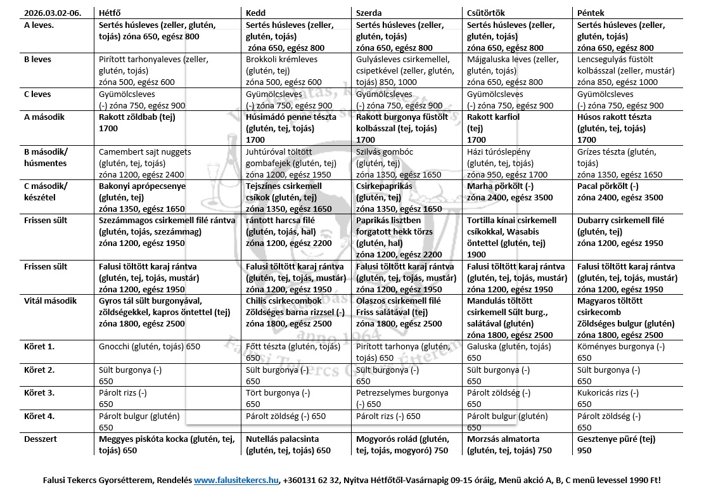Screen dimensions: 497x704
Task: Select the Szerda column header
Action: (370, 13)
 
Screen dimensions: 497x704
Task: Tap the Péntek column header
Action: (591, 13)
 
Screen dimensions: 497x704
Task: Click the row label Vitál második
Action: (50, 300)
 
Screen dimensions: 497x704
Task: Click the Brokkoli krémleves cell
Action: (283, 71)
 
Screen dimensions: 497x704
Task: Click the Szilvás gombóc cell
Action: (399, 163)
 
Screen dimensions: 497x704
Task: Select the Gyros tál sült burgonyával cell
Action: (165, 312)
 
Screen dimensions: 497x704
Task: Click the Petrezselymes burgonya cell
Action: (402, 398)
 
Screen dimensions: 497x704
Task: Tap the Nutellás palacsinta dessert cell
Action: (288, 444)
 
